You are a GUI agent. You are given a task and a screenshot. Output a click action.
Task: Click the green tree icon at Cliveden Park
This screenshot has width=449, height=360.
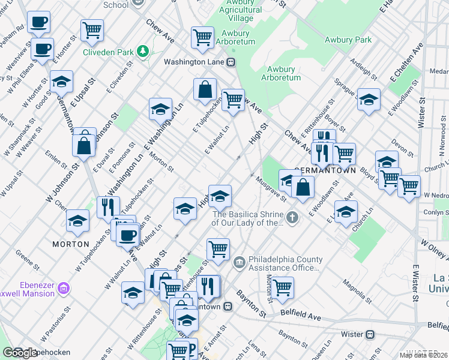tap(143, 52)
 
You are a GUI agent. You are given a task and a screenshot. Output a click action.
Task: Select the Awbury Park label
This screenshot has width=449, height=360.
tap(348, 40)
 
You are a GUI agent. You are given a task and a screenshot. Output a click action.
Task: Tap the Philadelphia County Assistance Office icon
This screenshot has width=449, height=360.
tap(240, 262)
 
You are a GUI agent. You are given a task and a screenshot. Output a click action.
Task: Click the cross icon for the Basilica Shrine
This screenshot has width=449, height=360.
tap(292, 217)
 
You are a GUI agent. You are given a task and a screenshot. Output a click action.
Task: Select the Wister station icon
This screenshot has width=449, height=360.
tap(370, 334)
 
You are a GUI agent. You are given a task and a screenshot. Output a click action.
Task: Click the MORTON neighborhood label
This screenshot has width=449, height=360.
tap(71, 244)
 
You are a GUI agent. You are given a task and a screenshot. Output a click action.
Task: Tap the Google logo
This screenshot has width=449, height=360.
tap(20, 353)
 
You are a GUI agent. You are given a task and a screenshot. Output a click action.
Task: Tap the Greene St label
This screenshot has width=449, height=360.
tap(27, 259)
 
